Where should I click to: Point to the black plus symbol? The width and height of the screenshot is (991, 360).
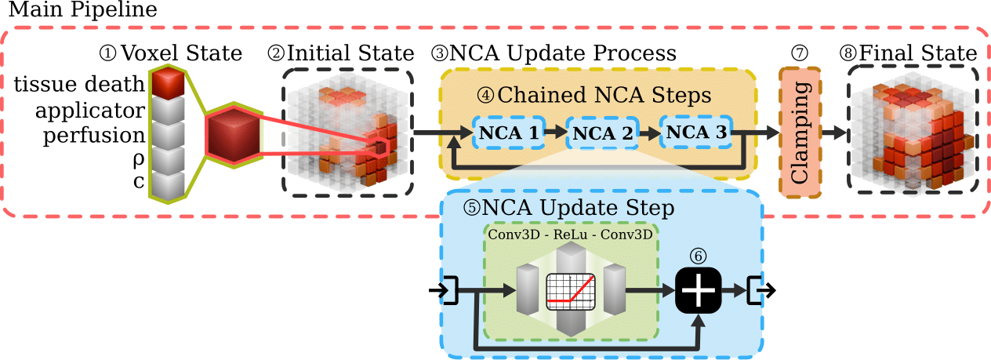[697, 291]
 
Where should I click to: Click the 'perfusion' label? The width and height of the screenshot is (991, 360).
[94, 135]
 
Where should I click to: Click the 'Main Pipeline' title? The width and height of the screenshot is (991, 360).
[82, 11]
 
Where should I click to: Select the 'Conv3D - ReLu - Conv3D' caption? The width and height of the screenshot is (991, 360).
[572, 234]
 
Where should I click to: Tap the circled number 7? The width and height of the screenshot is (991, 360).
[800, 54]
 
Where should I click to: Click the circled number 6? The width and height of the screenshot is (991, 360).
[697, 256]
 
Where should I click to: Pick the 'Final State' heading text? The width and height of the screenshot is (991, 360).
[917, 54]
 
